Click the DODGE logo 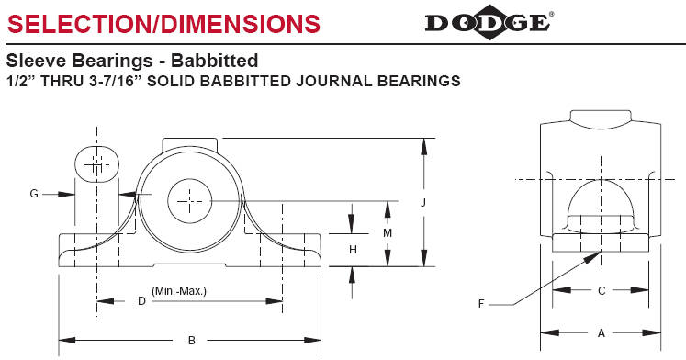(x=489, y=22)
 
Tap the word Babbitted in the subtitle (x=214, y=61)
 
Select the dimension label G (x=34, y=194)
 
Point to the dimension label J (x=423, y=203)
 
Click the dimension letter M (x=388, y=233)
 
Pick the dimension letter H (x=353, y=249)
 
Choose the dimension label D (x=141, y=301)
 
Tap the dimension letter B (x=192, y=341)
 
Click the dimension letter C (x=602, y=290)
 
